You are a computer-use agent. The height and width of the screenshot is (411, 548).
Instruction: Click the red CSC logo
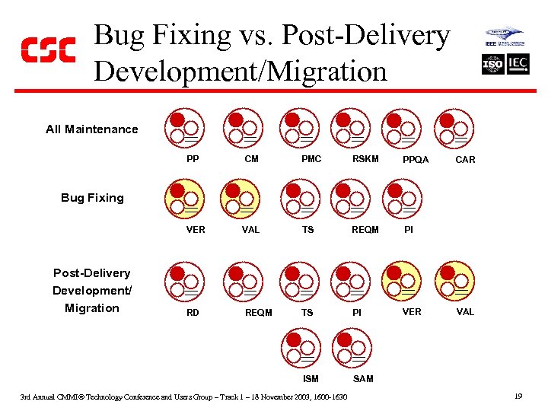[47, 50]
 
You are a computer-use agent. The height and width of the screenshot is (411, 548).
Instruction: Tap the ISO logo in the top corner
[492, 65]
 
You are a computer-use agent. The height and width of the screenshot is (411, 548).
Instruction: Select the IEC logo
[518, 65]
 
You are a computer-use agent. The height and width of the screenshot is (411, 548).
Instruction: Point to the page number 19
[517, 397]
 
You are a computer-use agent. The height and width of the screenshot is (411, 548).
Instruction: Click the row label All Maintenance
[92, 129]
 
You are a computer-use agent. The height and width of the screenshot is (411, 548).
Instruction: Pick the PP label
[193, 159]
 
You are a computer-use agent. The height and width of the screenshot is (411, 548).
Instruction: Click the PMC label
[311, 159]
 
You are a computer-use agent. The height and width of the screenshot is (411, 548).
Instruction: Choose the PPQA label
[416, 160]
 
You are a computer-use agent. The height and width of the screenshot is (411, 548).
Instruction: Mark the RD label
[193, 312]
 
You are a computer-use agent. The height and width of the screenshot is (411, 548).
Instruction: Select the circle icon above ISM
[300, 348]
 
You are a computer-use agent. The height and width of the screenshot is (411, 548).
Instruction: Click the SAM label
[363, 379]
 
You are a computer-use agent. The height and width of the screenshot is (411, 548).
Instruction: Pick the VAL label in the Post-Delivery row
[464, 312]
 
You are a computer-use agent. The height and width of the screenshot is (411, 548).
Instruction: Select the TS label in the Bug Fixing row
[307, 229]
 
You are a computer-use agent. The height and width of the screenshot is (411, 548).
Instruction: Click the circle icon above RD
[186, 281]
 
